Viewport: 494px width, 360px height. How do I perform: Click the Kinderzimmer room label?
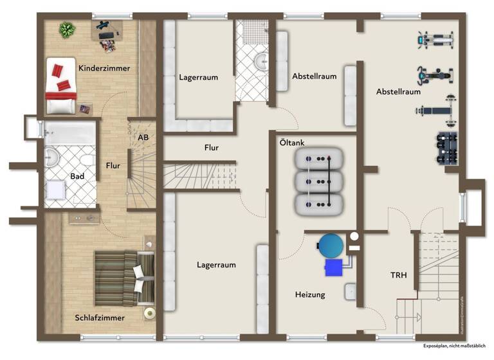point(104,67)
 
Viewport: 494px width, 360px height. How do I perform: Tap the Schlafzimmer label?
point(100,318)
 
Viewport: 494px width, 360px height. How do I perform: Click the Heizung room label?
point(310,295)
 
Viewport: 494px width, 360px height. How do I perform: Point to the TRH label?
point(399,275)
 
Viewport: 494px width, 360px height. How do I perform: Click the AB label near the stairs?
point(143,138)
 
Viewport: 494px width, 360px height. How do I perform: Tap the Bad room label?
point(77,175)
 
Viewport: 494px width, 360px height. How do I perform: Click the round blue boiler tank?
point(332,245)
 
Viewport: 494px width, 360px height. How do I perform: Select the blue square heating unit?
point(334,267)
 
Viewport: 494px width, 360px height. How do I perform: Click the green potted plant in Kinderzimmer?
point(66,29)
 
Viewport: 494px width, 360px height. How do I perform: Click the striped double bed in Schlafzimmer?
point(118,278)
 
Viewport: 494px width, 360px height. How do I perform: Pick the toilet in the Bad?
point(86,157)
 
